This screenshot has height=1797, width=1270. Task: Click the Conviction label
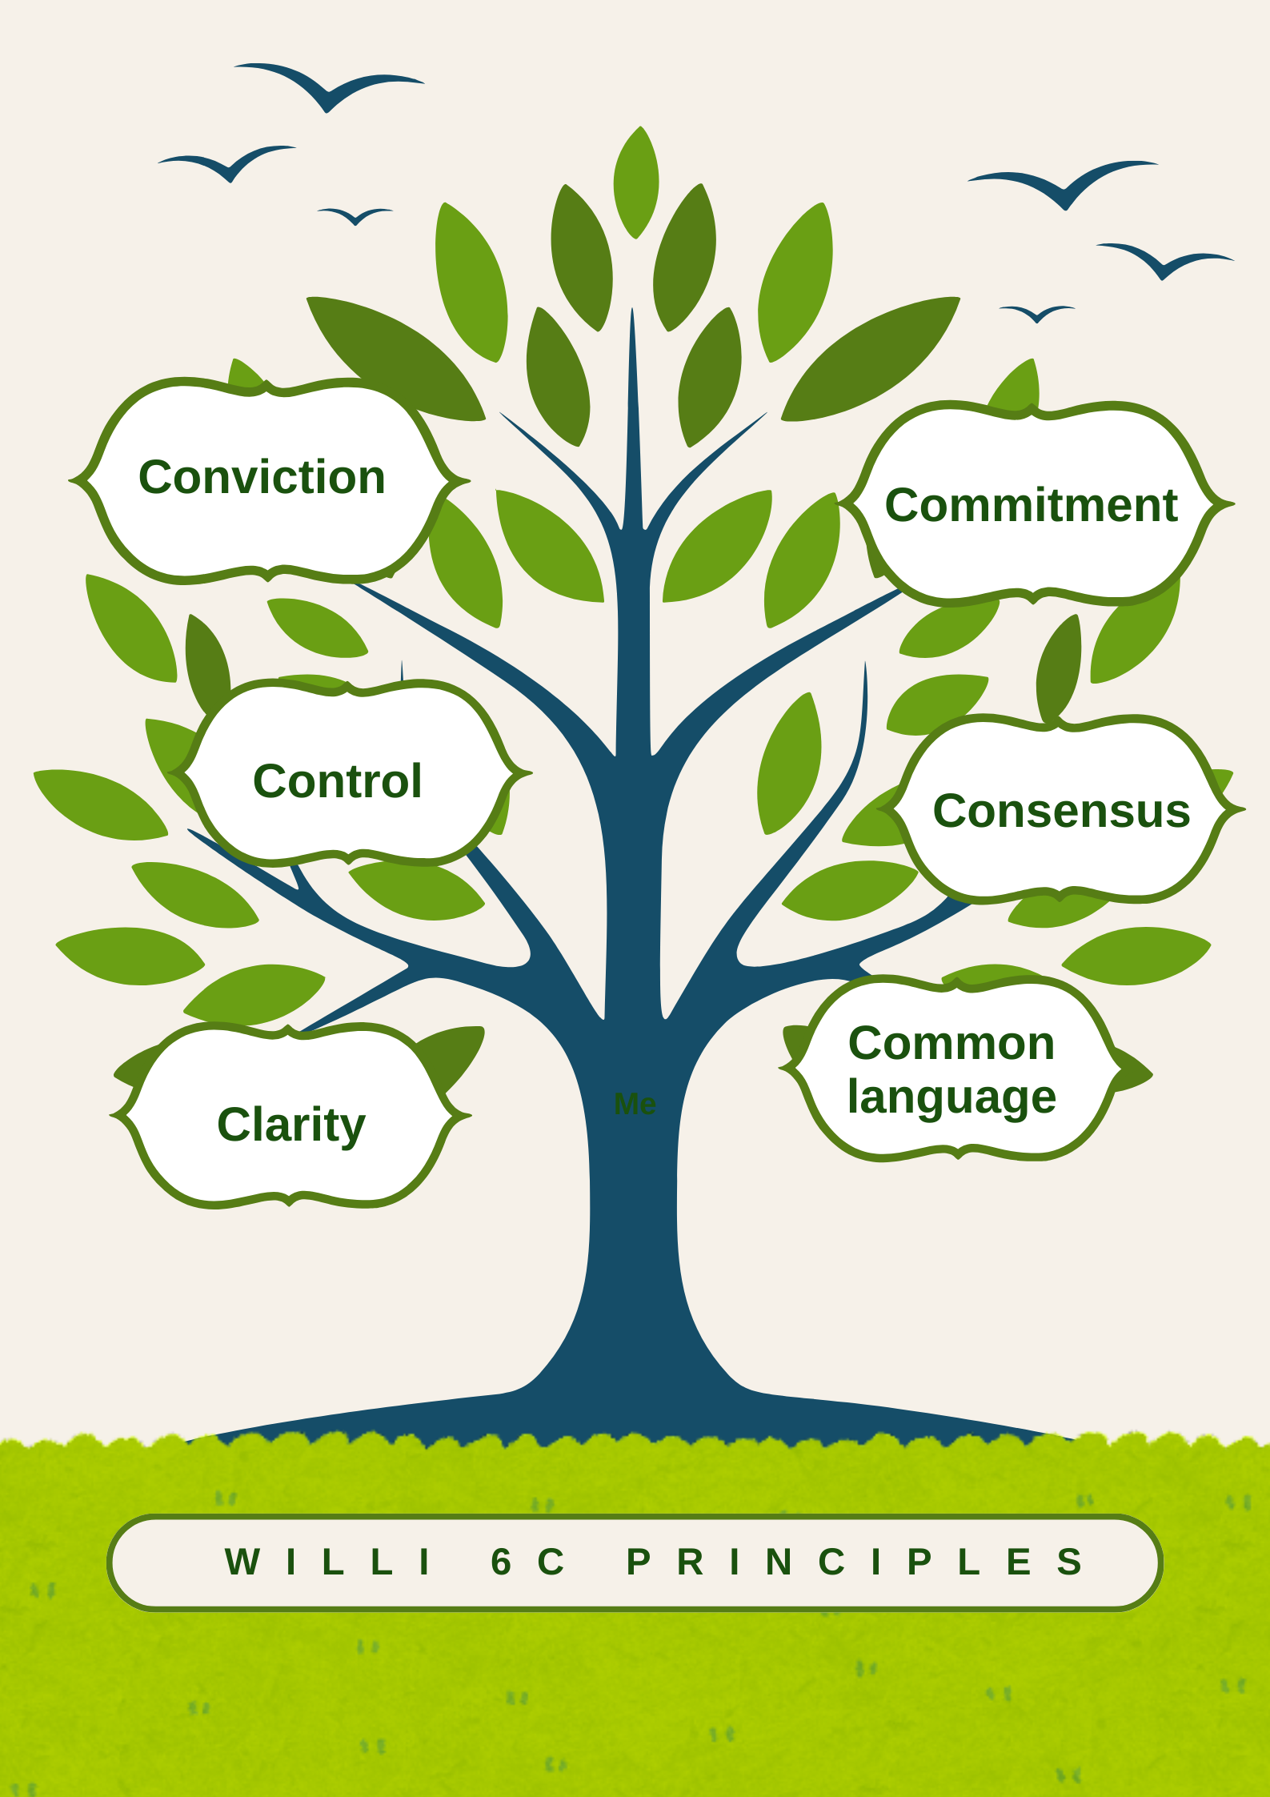pos(262,478)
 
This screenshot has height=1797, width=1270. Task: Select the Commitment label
pos(1031,505)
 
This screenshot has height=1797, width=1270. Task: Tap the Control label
pos(337,781)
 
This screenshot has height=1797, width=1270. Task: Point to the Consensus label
pos(1061,811)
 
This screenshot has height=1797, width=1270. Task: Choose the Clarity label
pos(291,1125)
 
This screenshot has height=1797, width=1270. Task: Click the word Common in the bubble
pos(951,1043)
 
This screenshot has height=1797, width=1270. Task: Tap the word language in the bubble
pos(951,1097)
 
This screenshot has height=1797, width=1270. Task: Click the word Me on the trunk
pos(635,1105)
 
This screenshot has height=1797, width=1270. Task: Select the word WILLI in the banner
pos(329,1562)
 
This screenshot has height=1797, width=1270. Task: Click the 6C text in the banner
pos(528,1562)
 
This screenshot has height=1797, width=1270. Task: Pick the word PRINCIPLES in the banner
pos(855,1562)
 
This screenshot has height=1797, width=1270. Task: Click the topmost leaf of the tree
pos(636,182)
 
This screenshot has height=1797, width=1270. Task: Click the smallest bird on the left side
pos(355,215)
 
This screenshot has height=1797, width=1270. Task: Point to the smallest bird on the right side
pos(1036,312)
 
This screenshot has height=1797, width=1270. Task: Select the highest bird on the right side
pos(1064,184)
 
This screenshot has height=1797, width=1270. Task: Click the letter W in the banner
pos(242,1562)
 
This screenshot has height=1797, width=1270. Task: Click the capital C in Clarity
pos(233,1125)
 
